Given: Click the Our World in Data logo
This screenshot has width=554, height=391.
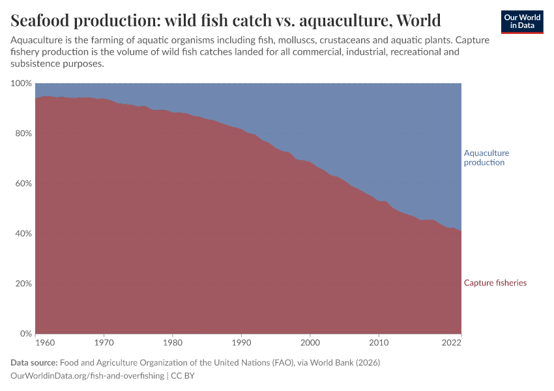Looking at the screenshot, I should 521,22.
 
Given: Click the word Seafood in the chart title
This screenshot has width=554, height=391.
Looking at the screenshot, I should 41,20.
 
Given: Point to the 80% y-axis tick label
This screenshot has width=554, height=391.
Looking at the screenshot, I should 23,134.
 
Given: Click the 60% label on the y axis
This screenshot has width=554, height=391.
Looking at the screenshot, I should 23,184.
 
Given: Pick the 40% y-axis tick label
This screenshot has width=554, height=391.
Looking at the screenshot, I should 23,234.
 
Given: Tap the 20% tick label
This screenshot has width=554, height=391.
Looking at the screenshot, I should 23,284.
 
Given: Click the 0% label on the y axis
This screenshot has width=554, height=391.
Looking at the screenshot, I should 25,334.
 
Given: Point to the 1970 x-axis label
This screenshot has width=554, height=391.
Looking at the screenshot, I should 104,341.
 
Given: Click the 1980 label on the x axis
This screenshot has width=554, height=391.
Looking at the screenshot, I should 172,341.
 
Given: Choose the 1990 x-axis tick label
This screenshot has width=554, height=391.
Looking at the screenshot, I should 241,341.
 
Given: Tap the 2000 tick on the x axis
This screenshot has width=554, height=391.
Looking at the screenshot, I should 310,341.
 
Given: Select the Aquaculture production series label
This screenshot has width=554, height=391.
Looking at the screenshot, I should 486,158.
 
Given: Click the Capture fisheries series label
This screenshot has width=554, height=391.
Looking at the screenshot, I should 495,283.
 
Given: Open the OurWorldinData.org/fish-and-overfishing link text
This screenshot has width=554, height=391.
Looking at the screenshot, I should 87,376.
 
